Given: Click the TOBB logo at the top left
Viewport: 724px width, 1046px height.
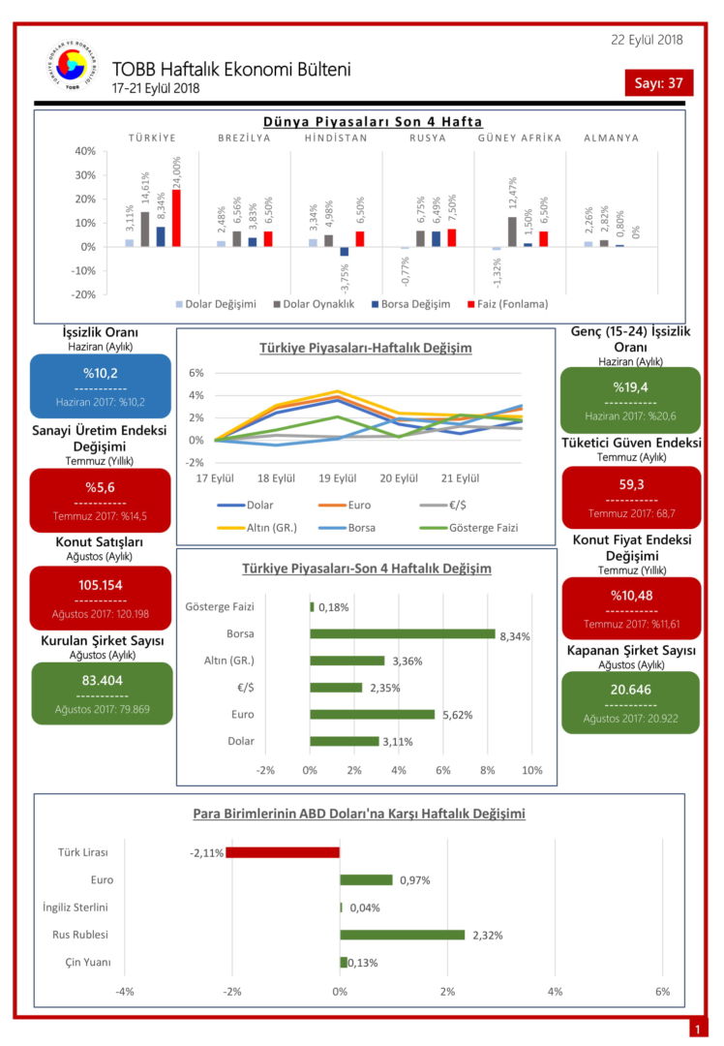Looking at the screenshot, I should (x=72, y=68).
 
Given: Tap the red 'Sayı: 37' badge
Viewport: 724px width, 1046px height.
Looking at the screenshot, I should (x=658, y=83).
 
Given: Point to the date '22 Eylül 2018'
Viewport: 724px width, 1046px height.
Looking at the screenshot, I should (x=647, y=40).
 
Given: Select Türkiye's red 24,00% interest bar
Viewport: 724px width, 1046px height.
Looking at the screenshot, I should (x=176, y=218).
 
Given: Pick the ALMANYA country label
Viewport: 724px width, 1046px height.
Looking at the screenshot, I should (x=611, y=138).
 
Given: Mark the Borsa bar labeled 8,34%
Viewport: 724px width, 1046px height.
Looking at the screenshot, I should (x=403, y=633).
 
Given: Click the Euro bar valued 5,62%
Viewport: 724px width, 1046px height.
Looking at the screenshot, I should (x=373, y=714).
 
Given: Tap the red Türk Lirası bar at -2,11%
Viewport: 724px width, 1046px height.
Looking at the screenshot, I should (x=283, y=852).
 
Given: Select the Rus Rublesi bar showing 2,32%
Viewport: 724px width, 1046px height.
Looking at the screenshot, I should (x=402, y=935).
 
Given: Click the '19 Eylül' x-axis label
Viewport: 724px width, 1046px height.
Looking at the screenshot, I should (x=337, y=478).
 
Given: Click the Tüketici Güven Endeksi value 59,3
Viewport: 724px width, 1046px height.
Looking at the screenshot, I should (x=630, y=485).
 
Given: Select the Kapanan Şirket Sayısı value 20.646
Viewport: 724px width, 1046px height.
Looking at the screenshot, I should (x=630, y=690).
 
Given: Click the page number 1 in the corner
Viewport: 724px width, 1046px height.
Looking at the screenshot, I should (x=696, y=1029).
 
